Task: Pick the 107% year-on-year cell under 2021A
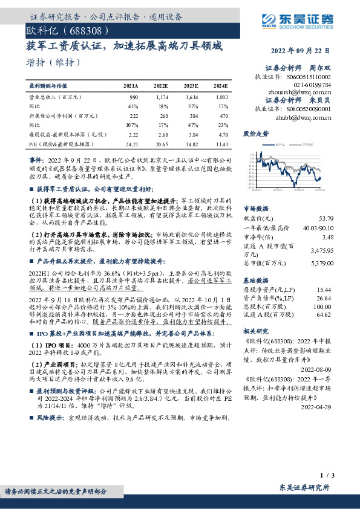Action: pyautogui.click(x=133, y=123)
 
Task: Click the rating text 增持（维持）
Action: pyautogui.click(x=53, y=62)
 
